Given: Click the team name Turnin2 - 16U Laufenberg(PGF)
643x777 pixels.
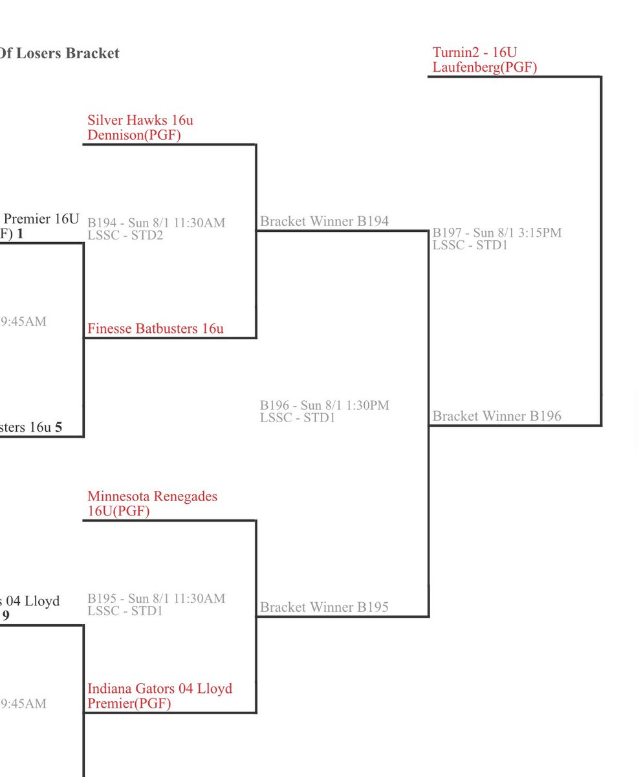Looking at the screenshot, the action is point(485,60).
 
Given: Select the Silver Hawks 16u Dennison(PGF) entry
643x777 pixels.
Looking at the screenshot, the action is point(140,128).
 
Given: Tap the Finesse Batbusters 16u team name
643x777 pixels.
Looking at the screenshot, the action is point(155,329).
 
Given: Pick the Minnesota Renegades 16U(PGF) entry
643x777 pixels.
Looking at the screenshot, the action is point(152,504).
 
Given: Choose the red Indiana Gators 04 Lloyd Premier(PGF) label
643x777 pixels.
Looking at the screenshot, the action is point(159,696).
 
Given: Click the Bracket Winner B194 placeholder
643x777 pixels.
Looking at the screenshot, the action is point(324,221).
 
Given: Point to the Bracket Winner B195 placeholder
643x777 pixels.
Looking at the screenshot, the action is point(324,607).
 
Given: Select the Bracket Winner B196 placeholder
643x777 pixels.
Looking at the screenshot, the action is point(497,416).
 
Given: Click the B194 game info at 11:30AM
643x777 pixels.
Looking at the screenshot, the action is point(156,223).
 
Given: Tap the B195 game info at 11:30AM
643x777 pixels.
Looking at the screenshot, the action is point(156,599).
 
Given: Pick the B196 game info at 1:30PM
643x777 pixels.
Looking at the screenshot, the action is point(324,406).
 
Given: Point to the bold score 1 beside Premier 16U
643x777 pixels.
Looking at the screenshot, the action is point(20,234).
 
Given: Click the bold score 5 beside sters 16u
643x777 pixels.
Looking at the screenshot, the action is point(58,427).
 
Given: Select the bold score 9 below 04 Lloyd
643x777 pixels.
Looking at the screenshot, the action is point(6,615).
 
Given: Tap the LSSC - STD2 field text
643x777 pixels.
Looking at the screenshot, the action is point(125,235).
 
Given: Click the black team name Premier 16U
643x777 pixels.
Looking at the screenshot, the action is point(41,220).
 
